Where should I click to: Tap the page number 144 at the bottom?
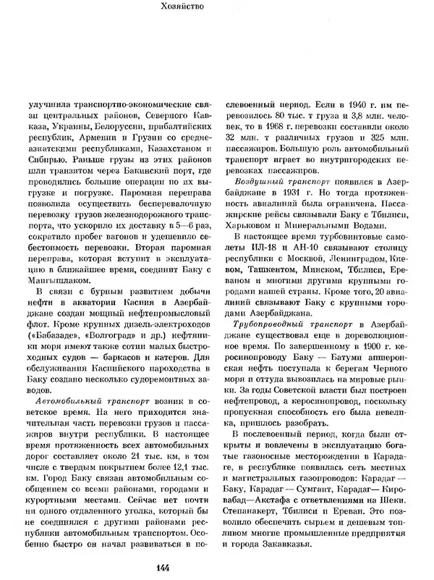pos(217,566)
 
